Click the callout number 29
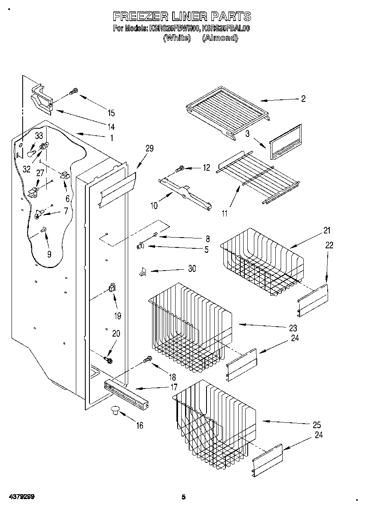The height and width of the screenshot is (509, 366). [x=149, y=149]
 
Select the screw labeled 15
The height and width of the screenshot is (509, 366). [x=73, y=91]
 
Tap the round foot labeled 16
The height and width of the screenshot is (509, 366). [x=114, y=410]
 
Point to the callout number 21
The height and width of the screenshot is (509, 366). [x=327, y=231]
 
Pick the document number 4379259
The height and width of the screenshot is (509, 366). [x=20, y=497]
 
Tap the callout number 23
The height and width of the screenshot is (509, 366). [x=293, y=328]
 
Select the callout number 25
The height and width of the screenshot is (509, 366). [x=317, y=424]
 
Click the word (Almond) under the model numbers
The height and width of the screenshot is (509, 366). [x=220, y=38]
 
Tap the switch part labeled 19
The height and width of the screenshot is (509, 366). [x=112, y=288]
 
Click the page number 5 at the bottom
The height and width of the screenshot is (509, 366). [x=184, y=497]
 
